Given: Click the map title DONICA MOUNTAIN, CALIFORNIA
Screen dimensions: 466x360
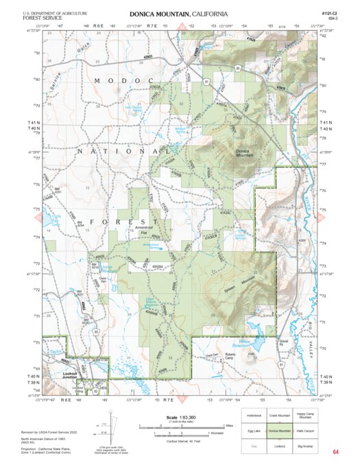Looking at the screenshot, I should pos(178,13).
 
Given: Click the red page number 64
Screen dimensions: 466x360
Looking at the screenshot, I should pos(335,452).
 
